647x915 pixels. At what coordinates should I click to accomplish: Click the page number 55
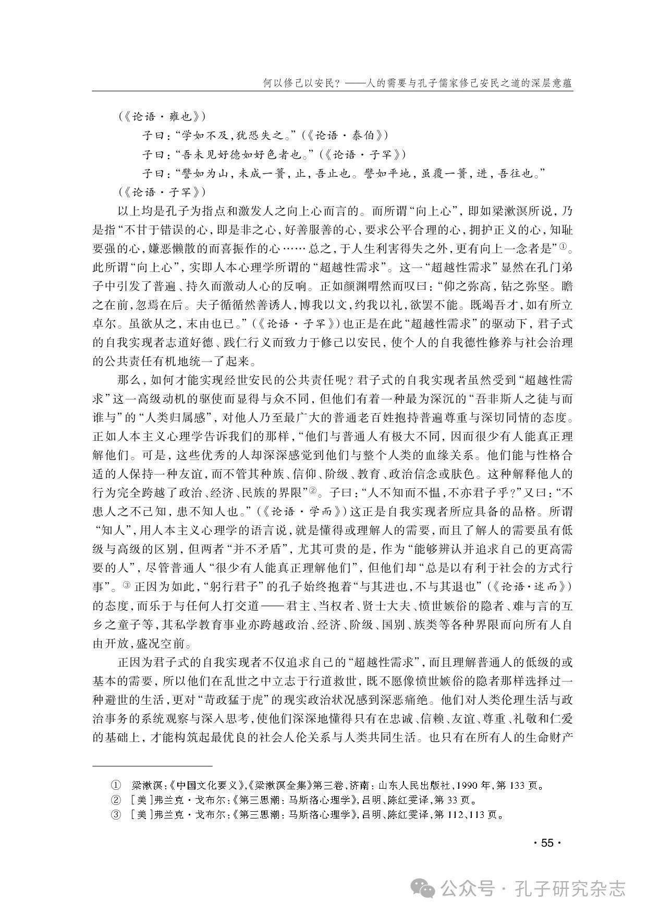[546, 843]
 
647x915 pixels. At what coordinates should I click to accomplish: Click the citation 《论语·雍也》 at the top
[162, 116]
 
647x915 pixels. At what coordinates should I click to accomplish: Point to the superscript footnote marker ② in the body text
[313, 490]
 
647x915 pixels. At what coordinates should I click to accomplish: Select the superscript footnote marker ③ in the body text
[127, 585]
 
